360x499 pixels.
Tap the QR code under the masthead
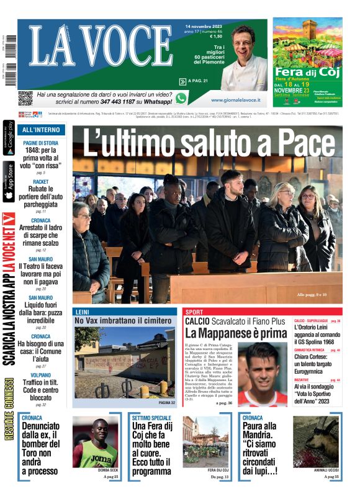[25, 98]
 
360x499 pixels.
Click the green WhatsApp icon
[181, 98]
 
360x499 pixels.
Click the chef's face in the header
[244, 41]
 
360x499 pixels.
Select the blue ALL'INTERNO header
[42, 130]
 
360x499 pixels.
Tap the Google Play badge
[9, 138]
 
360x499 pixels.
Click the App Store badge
[9, 181]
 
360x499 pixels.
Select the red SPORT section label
[194, 312]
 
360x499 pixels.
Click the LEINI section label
[82, 312]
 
